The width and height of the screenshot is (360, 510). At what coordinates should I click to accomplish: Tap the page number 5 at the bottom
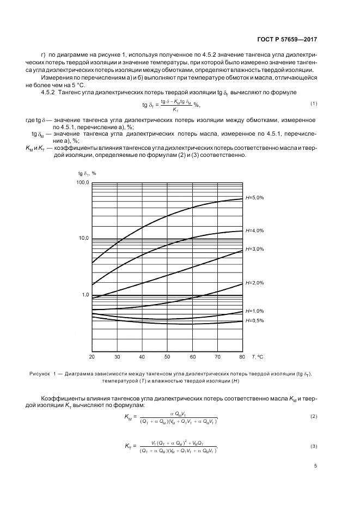tap(316, 466)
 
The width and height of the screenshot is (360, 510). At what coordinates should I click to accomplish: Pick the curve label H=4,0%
tap(254, 230)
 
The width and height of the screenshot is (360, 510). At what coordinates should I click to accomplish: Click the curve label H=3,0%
tap(254, 249)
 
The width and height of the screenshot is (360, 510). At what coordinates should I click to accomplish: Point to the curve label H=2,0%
tap(254, 283)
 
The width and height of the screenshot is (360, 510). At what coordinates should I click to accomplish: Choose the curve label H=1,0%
tap(254, 311)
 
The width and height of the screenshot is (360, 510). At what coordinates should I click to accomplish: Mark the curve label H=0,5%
tap(254, 320)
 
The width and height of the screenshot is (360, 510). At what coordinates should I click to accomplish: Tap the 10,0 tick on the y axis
tap(83, 239)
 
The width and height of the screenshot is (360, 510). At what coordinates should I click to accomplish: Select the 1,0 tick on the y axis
tap(84, 295)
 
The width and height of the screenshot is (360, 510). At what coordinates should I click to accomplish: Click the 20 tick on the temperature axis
tap(92, 357)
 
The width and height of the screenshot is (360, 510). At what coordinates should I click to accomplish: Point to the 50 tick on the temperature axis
tap(167, 357)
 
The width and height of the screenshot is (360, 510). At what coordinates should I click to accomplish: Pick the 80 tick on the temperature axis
tap(242, 357)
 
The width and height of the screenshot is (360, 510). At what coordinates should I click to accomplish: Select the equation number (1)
tap(314, 104)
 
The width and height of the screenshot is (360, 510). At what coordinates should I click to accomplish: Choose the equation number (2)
tap(314, 417)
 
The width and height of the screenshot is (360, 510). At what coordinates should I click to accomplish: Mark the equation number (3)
tap(314, 447)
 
